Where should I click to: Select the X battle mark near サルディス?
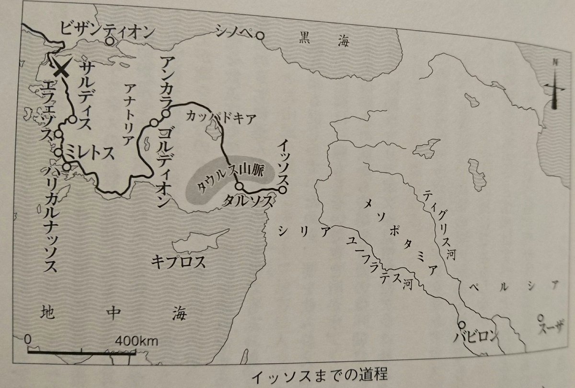coord(61,70)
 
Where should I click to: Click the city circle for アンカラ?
coord(165,114)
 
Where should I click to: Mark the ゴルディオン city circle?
coord(153,124)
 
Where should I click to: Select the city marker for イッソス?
coord(283,191)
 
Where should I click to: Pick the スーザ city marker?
coord(541,317)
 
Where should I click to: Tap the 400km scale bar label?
coord(137,341)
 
